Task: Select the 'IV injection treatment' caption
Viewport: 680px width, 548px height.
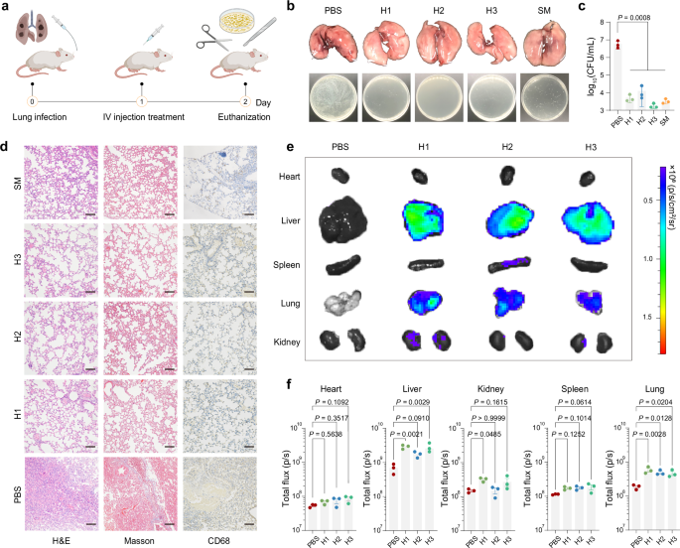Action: tap(143, 118)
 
